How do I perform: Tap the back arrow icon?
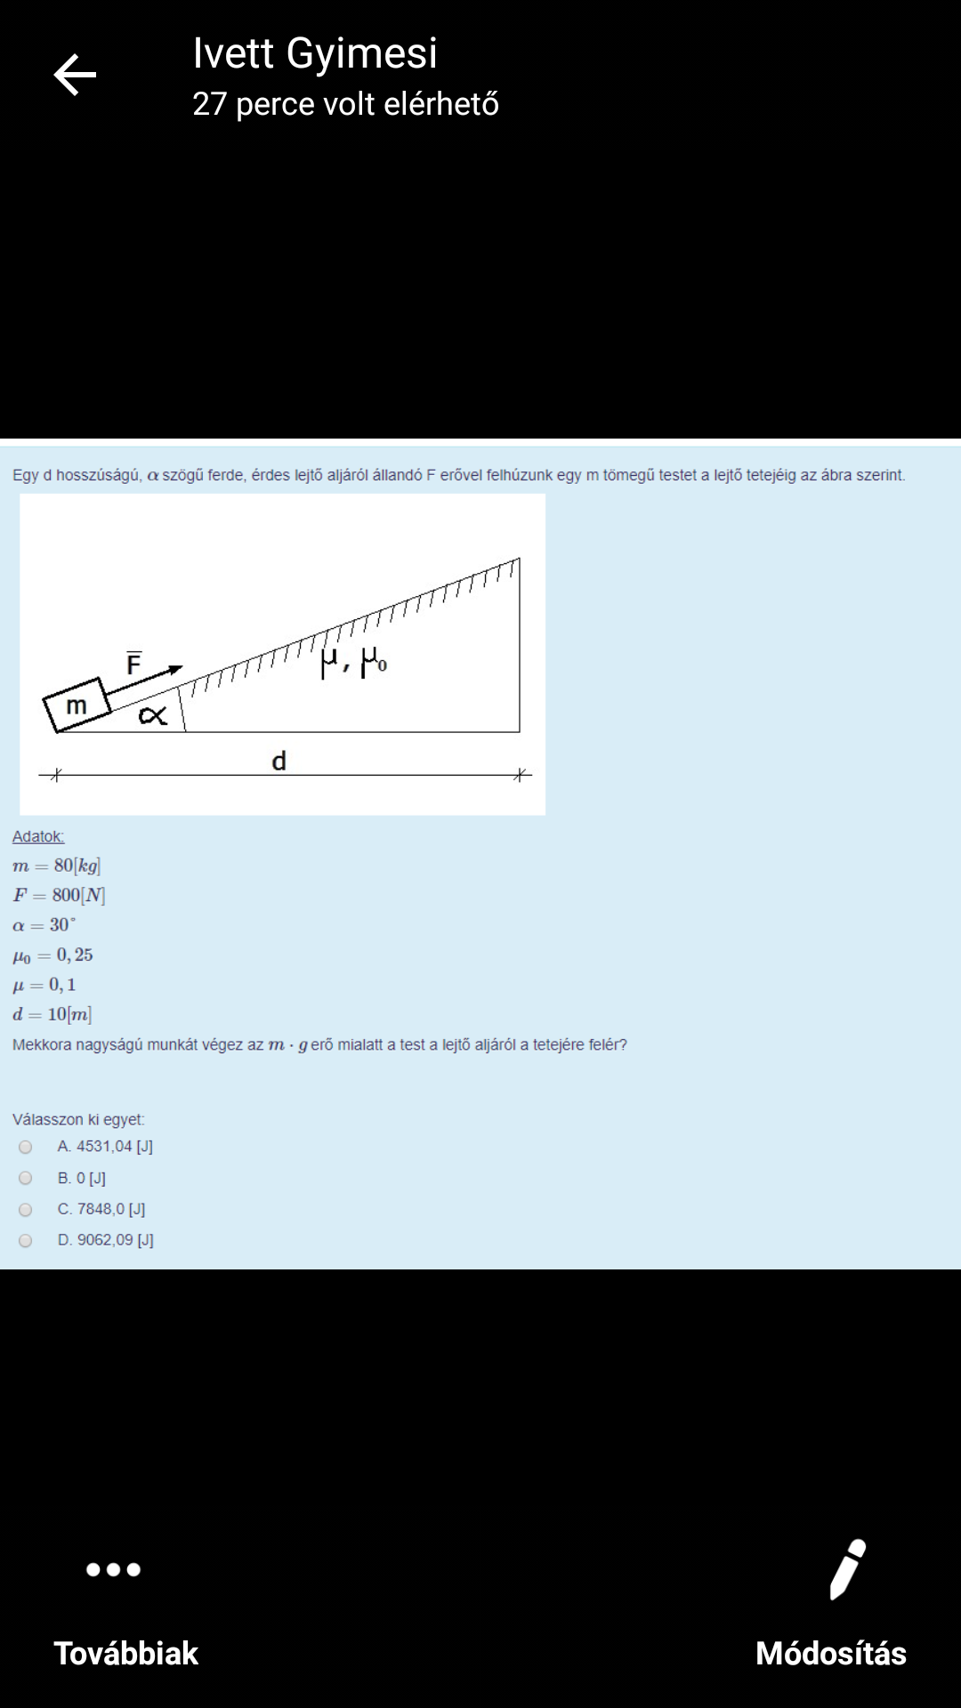pos(75,75)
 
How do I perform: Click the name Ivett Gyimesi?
pos(315,53)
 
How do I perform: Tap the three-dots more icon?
pos(113,1569)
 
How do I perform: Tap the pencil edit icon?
pos(847,1569)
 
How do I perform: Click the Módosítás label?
pos(831,1654)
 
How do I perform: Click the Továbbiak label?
pos(126,1654)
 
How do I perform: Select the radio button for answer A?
pos(26,1148)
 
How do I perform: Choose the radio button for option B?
pos(26,1179)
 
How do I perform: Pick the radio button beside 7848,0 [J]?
pos(26,1210)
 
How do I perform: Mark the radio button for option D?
pos(26,1241)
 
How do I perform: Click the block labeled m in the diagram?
pos(77,705)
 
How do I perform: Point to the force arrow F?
pos(143,680)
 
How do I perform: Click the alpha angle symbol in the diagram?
pos(153,714)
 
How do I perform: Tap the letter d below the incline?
pos(279,761)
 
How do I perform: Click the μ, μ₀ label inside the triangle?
pos(353,661)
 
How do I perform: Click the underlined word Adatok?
pos(38,836)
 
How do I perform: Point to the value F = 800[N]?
pos(59,895)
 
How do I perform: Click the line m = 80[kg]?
pos(56,866)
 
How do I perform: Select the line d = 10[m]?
pos(52,1014)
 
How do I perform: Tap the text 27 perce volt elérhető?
pos(345,104)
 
